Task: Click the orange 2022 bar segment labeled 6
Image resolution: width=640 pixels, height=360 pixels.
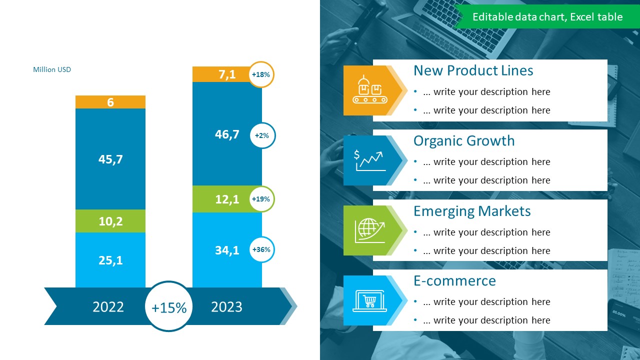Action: [110, 102]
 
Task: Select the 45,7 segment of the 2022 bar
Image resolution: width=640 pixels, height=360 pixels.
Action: [110, 159]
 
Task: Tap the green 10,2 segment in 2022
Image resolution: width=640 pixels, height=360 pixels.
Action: [110, 221]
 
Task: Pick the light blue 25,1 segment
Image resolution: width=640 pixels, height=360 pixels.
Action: [110, 260]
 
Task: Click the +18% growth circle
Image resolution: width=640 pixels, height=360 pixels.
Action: [261, 74]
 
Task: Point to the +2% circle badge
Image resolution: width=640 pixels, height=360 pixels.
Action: [262, 135]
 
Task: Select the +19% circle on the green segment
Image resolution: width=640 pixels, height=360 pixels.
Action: [261, 199]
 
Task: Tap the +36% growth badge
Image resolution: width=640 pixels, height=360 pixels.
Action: [261, 249]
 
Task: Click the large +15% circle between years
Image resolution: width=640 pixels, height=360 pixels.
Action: [169, 306]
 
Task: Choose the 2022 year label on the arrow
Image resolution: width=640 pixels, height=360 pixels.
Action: [108, 307]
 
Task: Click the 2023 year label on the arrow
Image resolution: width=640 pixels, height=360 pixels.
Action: [226, 307]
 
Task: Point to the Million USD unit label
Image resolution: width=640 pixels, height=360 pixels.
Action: [52, 69]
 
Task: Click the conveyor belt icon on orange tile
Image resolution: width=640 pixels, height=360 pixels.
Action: [370, 89]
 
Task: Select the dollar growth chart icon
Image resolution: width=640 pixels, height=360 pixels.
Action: [370, 160]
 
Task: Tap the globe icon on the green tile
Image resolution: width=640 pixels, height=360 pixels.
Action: [370, 230]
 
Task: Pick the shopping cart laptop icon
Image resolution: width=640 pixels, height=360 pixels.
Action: [369, 301]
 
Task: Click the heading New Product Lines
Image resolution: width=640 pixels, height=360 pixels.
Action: [473, 70]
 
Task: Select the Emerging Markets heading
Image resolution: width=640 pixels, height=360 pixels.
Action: [472, 211]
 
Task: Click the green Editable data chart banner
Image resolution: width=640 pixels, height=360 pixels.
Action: [547, 16]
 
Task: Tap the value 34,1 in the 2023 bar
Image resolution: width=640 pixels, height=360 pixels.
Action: [227, 250]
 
